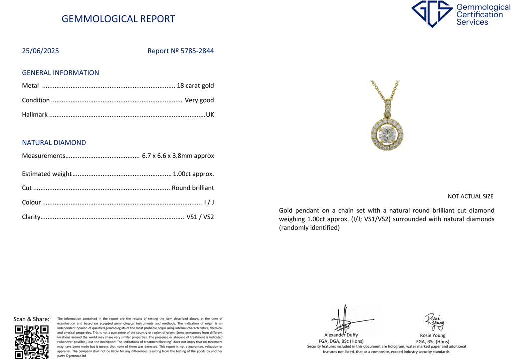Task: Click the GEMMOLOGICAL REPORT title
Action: [118, 19]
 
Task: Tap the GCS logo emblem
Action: [432, 14]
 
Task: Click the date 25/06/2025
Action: [40, 51]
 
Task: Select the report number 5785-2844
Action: [196, 51]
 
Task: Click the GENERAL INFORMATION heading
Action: [60, 73]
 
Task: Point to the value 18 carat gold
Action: [195, 86]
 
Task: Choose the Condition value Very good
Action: [199, 100]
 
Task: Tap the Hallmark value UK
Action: [210, 115]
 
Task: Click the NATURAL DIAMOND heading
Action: [54, 143]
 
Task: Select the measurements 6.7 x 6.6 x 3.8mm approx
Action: [178, 156]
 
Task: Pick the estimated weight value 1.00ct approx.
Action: [193, 174]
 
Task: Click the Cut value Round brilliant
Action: [193, 188]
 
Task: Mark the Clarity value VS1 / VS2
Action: [200, 217]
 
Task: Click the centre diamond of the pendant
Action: [387, 134]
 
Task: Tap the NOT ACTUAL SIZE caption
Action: [470, 197]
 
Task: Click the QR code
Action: [32, 342]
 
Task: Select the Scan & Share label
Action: [31, 319]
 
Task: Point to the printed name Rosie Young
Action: [432, 336]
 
